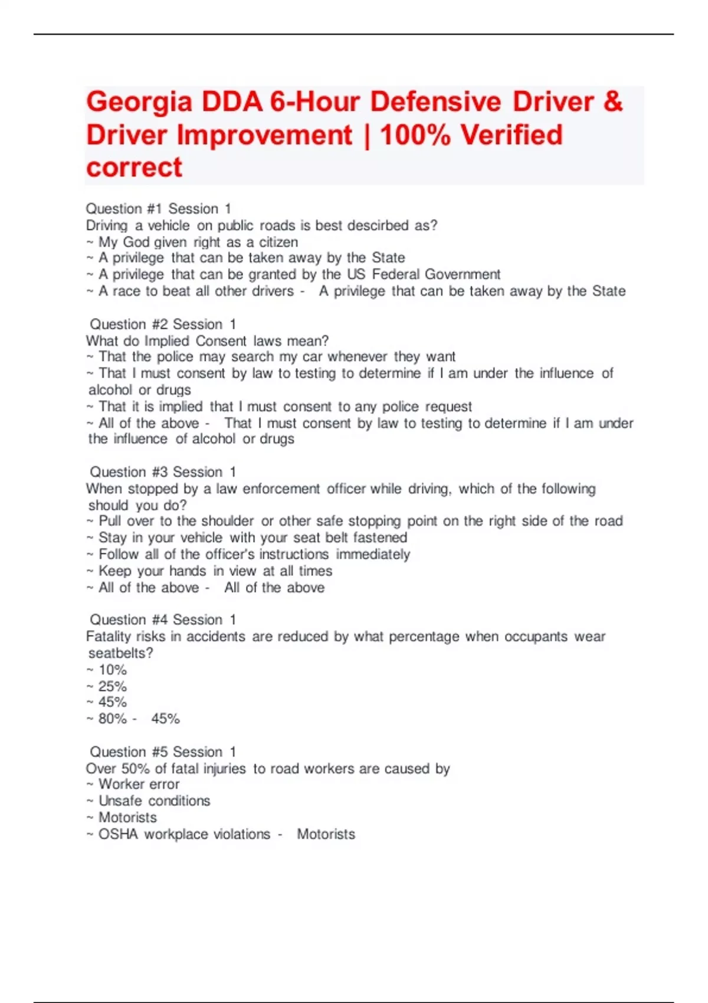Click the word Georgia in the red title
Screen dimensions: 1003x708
click(x=139, y=102)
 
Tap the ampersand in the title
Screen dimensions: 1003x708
click(x=613, y=101)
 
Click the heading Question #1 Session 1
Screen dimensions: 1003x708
click(x=158, y=209)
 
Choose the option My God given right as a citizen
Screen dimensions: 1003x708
click(x=198, y=242)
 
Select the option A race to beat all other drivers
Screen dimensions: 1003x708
click(x=196, y=291)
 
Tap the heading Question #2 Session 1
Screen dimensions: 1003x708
click(x=162, y=324)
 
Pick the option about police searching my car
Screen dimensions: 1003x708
click(x=277, y=356)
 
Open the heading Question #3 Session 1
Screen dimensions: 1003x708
click(x=162, y=472)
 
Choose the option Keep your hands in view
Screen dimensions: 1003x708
click(x=215, y=571)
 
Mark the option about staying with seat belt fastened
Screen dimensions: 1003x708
click(x=253, y=537)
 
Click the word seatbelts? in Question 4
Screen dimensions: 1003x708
click(x=120, y=653)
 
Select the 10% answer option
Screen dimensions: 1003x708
click(x=112, y=670)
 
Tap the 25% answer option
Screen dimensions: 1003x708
click(x=112, y=686)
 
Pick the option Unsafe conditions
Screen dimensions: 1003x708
click(x=154, y=801)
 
